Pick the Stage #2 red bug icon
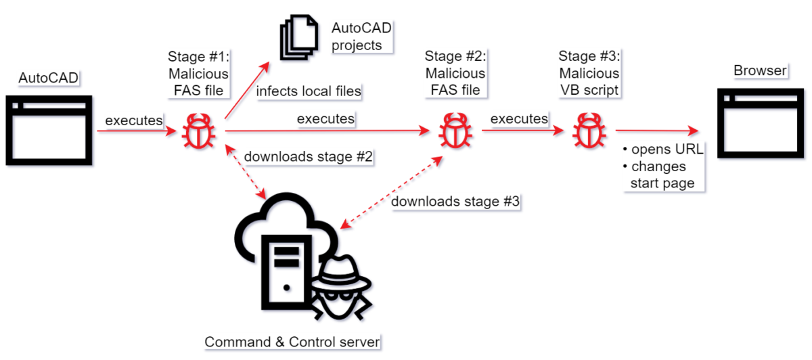click(451, 131)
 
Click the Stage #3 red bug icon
click(586, 131)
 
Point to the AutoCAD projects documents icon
click(298, 39)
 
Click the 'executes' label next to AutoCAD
click(133, 120)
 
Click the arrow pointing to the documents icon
click(247, 91)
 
